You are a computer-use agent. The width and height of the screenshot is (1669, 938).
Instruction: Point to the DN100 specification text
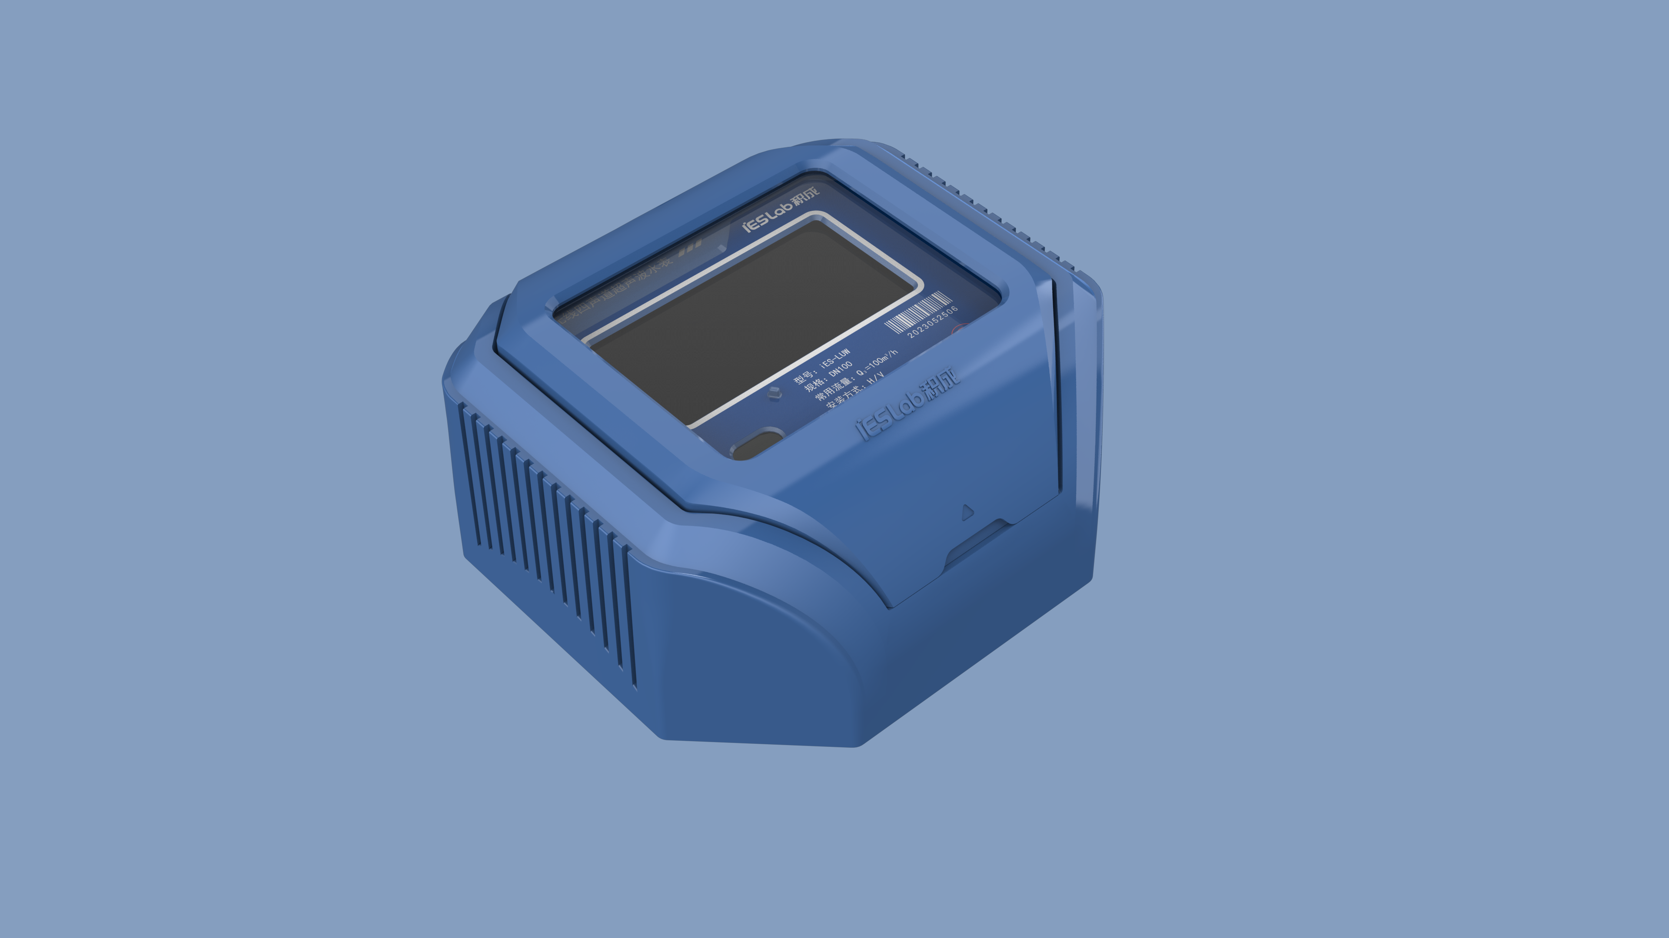pyautogui.click(x=840, y=369)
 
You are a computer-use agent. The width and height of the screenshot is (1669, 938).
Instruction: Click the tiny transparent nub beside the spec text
pyautogui.click(x=774, y=393)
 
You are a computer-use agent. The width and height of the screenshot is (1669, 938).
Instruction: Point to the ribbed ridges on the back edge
pyautogui.click(x=985, y=207)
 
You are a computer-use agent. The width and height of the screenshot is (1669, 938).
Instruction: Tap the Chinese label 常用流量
pyautogui.click(x=833, y=389)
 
